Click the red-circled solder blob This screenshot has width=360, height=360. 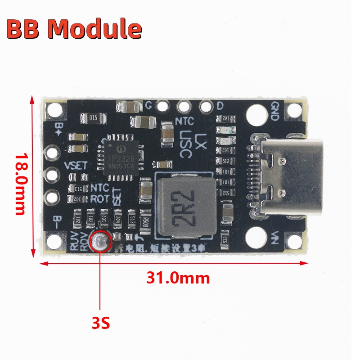click(x=100, y=242)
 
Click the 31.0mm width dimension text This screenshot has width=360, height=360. click(x=178, y=278)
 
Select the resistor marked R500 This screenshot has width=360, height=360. click(x=145, y=222)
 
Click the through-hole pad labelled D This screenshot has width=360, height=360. click(x=206, y=107)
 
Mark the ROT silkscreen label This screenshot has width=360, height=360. click(x=100, y=198)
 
